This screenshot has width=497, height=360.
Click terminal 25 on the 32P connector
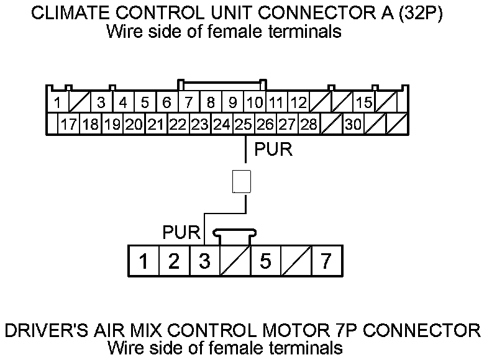pyautogui.click(x=244, y=124)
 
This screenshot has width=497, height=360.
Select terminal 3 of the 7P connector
pyautogui.click(x=204, y=261)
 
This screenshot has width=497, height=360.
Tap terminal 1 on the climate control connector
pyautogui.click(x=57, y=102)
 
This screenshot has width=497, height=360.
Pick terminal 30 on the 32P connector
pyautogui.click(x=353, y=124)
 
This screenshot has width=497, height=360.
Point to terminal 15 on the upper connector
pyautogui.click(x=364, y=102)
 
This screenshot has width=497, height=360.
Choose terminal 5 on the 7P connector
pyautogui.click(x=265, y=261)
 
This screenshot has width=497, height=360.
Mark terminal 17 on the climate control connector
pyautogui.click(x=68, y=124)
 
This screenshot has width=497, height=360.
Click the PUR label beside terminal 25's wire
pyautogui.click(x=273, y=150)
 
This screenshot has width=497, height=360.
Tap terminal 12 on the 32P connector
pyautogui.click(x=298, y=102)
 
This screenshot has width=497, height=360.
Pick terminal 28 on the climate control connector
pyautogui.click(x=309, y=124)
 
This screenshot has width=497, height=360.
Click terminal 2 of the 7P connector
pyautogui.click(x=174, y=261)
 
